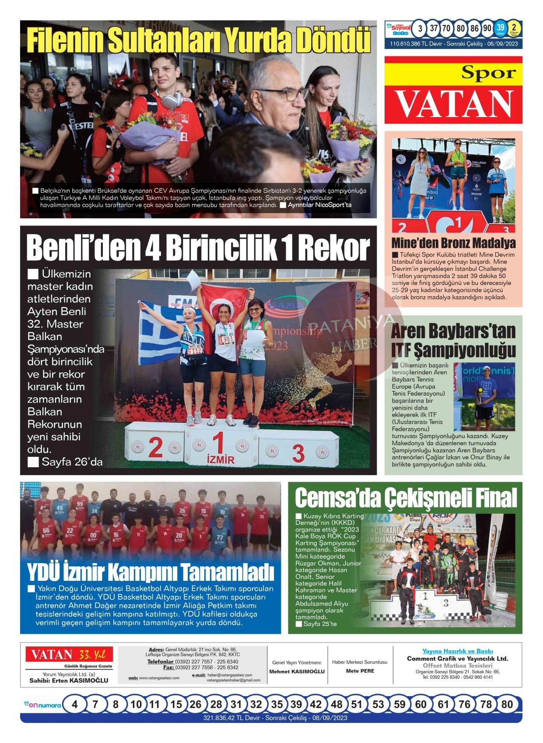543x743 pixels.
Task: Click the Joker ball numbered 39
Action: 500,29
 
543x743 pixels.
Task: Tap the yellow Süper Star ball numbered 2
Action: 514,29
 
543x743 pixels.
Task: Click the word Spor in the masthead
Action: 488,73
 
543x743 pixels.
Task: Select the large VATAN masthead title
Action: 454,104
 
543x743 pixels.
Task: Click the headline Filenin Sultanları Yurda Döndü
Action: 198,40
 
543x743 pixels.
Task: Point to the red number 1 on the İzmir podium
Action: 218,442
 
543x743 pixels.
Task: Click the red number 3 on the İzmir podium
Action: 298,454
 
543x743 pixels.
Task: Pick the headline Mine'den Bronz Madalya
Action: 453,243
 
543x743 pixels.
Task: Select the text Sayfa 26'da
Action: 72,462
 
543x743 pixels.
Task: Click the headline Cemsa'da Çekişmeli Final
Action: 406,498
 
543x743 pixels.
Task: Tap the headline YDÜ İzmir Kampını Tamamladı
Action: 151,571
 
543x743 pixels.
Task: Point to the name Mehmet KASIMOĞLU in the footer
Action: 297,671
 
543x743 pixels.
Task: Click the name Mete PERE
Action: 360,671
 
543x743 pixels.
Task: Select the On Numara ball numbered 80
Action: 507,704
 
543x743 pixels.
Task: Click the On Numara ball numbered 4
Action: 75,704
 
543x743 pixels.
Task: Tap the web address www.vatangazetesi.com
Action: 159,678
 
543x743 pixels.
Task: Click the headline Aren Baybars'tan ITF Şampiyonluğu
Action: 453,340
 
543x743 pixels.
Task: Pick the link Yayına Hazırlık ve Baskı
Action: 457,651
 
